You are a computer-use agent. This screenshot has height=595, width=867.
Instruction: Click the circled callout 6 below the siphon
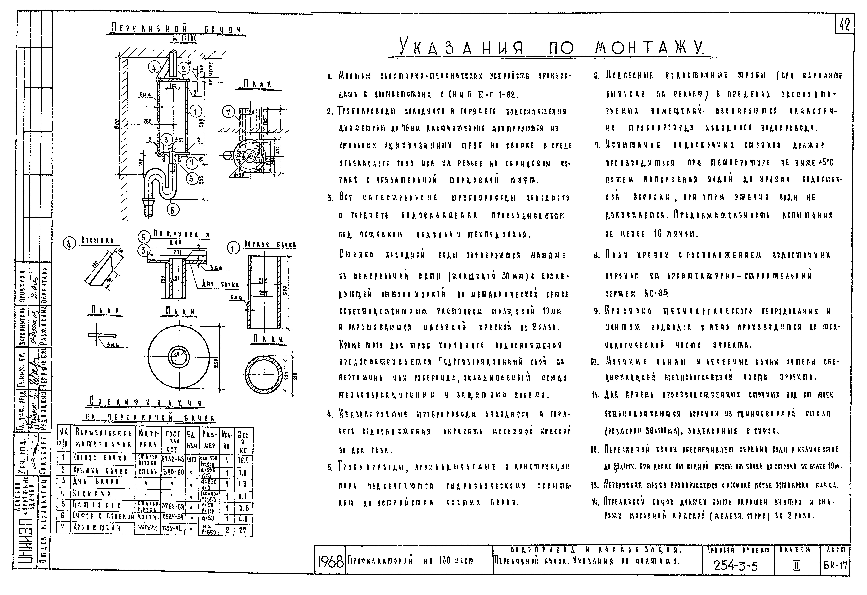pyautogui.click(x=172, y=210)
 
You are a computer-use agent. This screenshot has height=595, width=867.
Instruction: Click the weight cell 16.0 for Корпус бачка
pyautogui.click(x=243, y=460)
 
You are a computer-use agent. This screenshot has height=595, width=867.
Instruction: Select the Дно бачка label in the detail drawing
pyautogui.click(x=220, y=284)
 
